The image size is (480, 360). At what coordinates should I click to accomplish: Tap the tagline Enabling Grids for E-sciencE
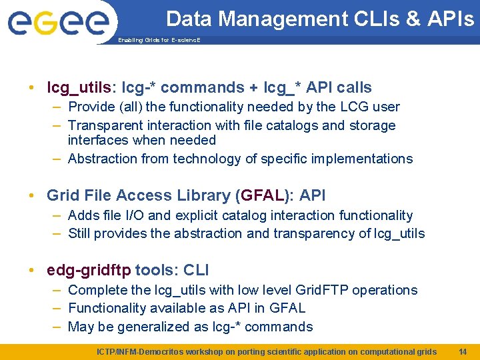(159, 40)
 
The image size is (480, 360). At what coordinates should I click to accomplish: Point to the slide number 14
(463, 351)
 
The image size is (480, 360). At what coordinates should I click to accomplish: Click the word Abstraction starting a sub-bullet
(102, 159)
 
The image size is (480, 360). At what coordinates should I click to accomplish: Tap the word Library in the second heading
(199, 195)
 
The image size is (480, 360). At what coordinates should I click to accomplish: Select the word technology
(204, 159)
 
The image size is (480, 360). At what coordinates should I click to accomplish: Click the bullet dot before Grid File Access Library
(32, 196)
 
